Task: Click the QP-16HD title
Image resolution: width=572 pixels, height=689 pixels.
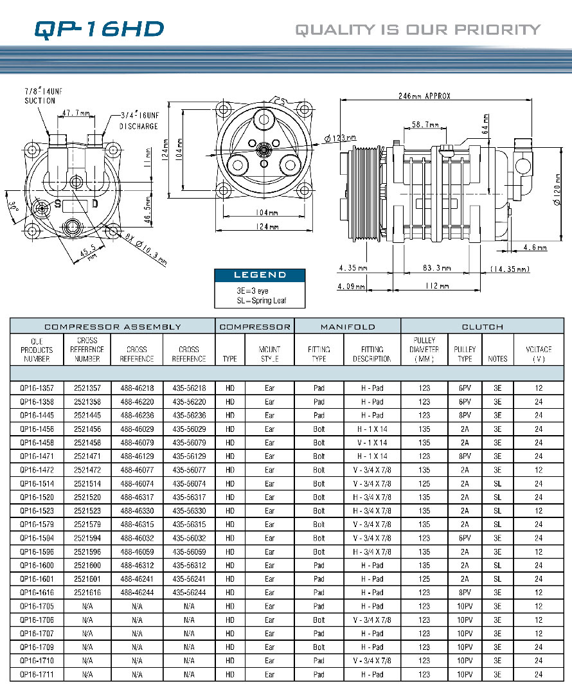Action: (x=99, y=29)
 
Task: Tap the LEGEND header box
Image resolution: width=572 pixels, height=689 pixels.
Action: (x=260, y=274)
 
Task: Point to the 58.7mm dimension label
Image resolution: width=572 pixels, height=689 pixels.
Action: (x=425, y=125)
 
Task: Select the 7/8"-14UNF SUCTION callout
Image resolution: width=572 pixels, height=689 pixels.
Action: (x=40, y=96)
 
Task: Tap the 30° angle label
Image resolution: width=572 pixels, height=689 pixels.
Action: (x=13, y=209)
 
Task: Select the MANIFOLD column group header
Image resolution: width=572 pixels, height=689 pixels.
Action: (x=347, y=327)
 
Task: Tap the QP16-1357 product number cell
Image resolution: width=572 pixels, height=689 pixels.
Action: (x=36, y=388)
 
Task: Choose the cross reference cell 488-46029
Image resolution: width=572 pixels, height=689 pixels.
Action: (x=137, y=429)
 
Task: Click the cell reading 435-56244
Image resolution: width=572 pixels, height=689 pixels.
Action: (x=189, y=593)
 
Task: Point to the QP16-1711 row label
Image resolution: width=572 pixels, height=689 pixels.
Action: (x=36, y=674)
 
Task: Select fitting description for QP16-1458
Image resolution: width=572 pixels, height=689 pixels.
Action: (x=372, y=443)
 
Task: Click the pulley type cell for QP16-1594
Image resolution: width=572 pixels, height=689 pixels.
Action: (x=465, y=538)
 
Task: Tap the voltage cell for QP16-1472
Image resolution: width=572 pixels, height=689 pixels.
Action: (x=539, y=470)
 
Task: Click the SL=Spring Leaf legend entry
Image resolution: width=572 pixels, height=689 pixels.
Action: (x=261, y=300)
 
